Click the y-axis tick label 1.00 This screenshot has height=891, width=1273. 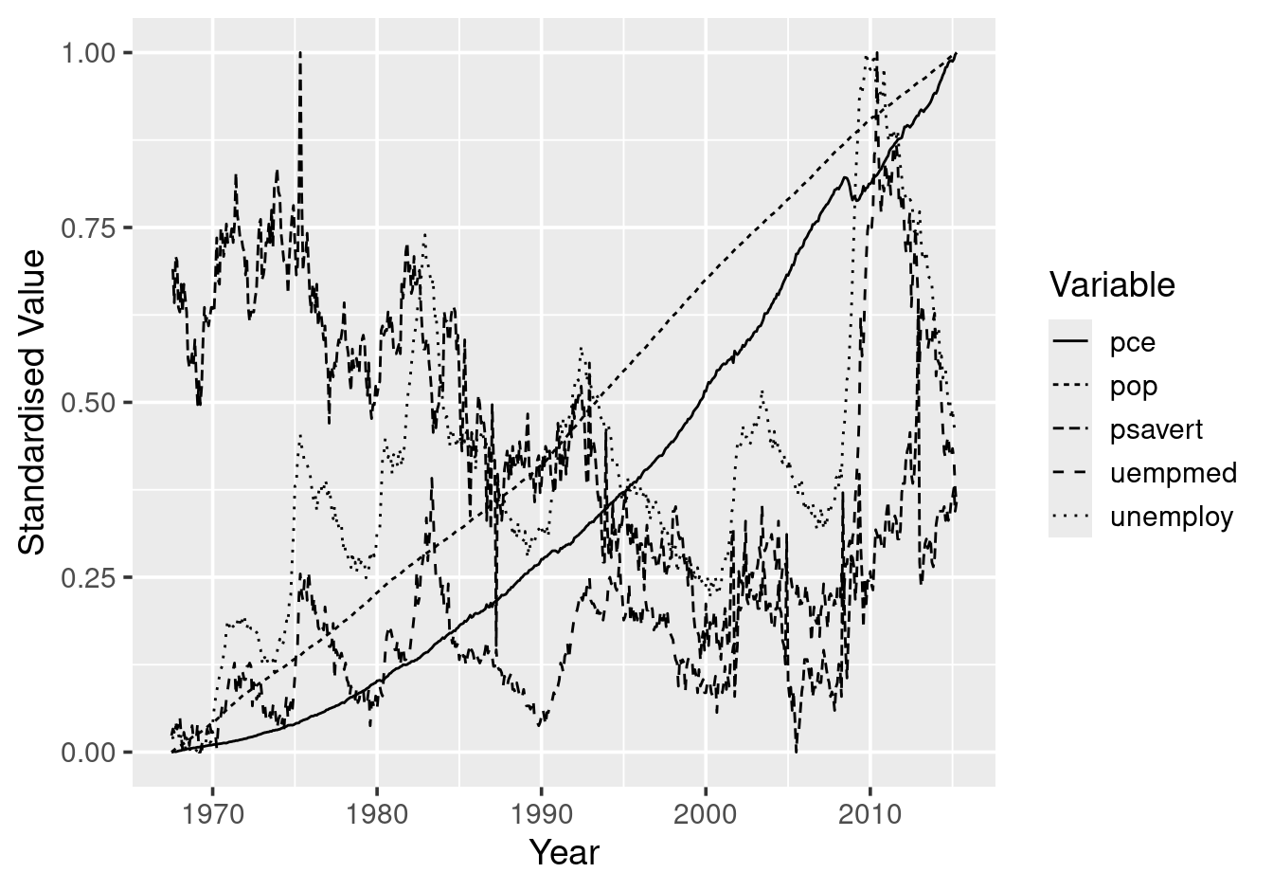91,53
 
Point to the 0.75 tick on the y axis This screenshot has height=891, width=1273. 91,228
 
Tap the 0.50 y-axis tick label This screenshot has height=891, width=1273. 91,403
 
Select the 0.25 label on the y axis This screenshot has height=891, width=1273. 91,578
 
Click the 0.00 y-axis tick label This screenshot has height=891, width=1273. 91,753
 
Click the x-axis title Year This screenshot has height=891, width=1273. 564,853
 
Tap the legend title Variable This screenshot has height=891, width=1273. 1112,284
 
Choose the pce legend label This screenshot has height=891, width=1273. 1133,342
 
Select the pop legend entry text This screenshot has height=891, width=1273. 1134,386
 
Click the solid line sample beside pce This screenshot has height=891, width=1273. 1070,341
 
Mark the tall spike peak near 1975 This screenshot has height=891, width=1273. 300,53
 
